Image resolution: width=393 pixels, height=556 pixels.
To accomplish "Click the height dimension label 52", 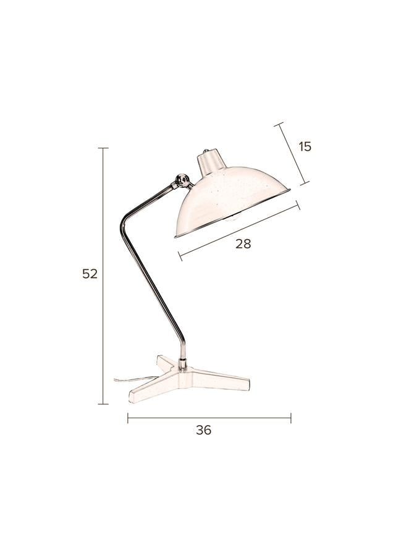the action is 90,274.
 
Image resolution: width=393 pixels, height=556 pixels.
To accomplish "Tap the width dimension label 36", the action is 203,430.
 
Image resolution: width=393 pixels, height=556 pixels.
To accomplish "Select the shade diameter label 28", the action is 243,243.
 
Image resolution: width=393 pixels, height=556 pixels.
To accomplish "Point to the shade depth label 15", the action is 305,146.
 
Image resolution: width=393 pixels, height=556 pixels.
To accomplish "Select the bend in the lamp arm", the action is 124,222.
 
